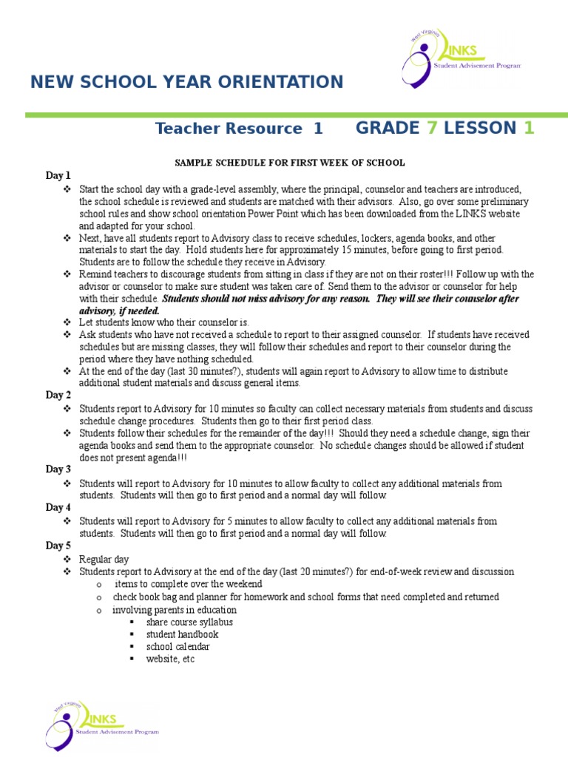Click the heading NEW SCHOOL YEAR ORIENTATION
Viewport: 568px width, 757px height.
click(x=186, y=82)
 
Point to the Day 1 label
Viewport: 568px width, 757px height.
click(x=58, y=176)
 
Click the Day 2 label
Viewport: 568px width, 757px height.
click(x=58, y=396)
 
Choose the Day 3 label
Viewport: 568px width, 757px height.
click(x=58, y=469)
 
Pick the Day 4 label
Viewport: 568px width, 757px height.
click(x=58, y=508)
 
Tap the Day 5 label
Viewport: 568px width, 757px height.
click(x=58, y=546)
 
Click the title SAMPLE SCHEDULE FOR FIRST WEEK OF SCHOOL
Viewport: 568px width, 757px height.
click(x=289, y=163)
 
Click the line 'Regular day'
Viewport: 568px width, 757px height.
click(x=104, y=560)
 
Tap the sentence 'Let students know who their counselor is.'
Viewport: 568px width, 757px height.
click(x=164, y=322)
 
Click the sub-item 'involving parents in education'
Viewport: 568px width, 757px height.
click(x=175, y=610)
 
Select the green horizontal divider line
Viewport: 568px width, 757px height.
click(x=296, y=115)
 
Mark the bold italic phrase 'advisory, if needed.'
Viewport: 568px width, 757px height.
click(x=119, y=310)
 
